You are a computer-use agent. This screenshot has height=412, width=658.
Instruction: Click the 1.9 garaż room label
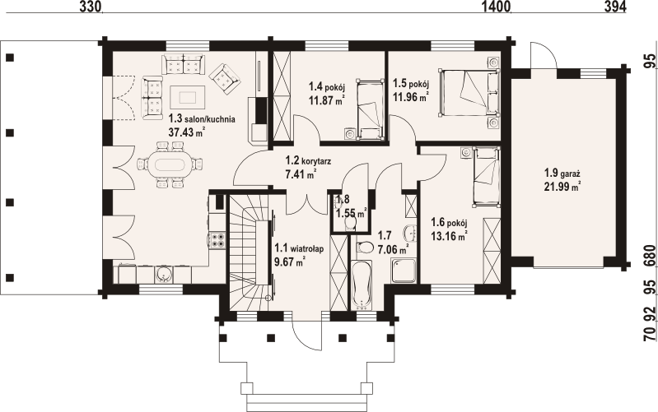pos(562,174)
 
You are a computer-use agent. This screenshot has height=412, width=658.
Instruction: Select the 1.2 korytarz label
pos(307,161)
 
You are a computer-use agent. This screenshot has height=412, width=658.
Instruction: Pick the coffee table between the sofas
pos(188,95)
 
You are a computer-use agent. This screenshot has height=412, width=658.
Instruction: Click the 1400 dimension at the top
pos(497,7)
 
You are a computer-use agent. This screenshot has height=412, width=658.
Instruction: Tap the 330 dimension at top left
pos(91,7)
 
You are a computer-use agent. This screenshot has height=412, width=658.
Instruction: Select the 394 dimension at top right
pos(615,7)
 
